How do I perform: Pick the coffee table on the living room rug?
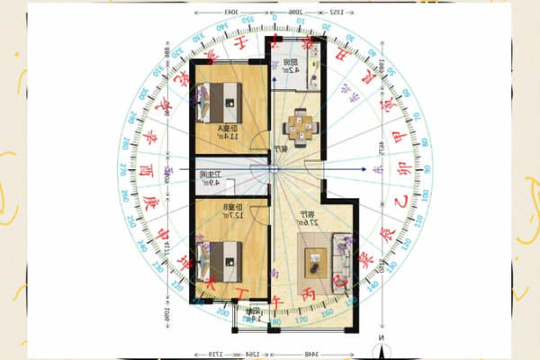(x=315, y=262)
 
